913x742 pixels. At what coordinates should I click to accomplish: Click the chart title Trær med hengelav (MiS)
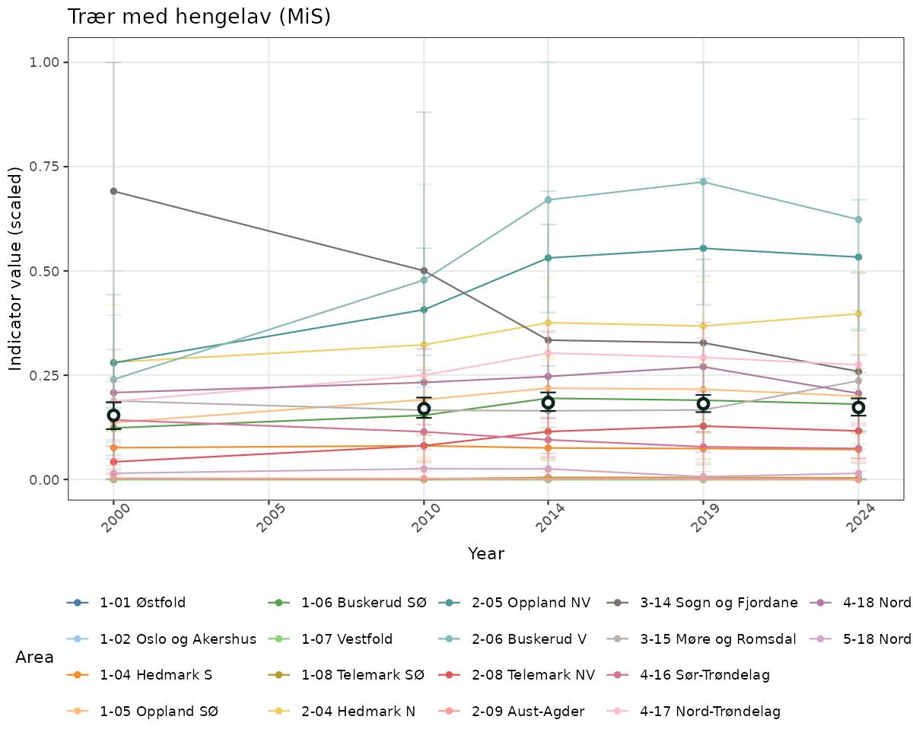click(199, 17)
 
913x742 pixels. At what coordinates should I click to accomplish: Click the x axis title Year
click(486, 553)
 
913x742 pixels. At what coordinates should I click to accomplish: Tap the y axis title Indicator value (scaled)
click(17, 270)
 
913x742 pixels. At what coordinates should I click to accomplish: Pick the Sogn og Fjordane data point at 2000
click(113, 191)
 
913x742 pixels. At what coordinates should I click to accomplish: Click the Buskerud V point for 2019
click(703, 182)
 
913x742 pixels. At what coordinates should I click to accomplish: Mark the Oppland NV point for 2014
click(548, 258)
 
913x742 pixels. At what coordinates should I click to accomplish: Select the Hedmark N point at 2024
click(858, 314)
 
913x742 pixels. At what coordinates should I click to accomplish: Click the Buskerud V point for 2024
click(858, 219)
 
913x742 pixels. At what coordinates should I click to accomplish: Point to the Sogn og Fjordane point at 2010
click(424, 270)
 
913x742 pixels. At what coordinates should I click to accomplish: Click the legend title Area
click(34, 657)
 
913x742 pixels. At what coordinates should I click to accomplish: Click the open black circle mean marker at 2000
click(113, 416)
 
